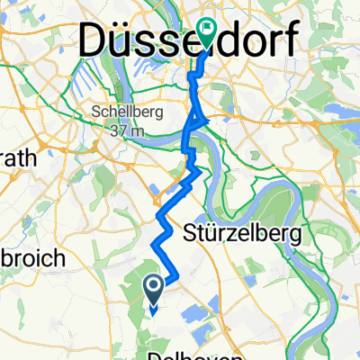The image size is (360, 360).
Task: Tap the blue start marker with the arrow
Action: click(x=153, y=288)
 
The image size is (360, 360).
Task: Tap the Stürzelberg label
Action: click(x=247, y=231)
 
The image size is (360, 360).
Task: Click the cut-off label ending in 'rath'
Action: click(x=15, y=157)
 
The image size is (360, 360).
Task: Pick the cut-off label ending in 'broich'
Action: click(x=31, y=258)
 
